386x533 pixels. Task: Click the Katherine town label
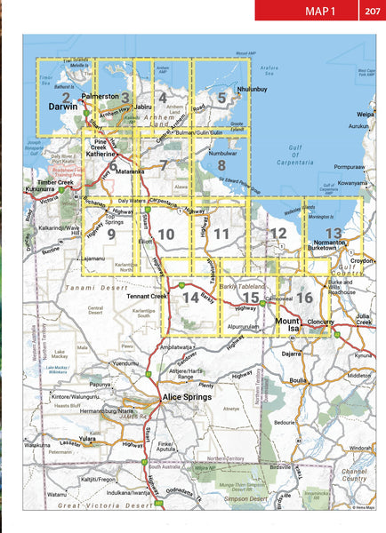click(98, 154)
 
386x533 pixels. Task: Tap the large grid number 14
click(189, 298)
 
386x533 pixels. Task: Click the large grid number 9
click(111, 235)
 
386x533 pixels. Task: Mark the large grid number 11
click(222, 235)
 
